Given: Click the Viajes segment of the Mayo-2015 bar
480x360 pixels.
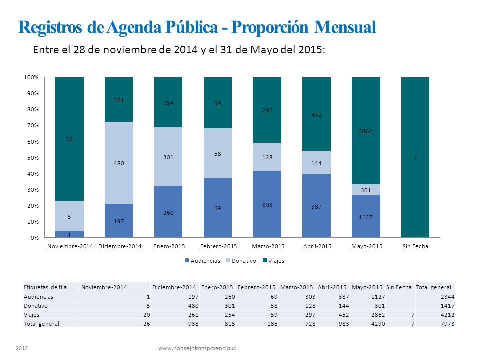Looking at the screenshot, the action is (x=366, y=131).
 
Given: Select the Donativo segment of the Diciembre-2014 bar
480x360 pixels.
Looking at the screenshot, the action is (x=119, y=163).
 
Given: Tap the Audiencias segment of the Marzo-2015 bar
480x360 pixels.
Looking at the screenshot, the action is (x=267, y=204).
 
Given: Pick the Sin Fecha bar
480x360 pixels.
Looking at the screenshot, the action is (x=415, y=157).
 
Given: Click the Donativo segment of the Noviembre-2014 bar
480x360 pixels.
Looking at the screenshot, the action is (x=69, y=216).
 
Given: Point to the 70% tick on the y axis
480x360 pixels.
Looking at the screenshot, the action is (x=33, y=125).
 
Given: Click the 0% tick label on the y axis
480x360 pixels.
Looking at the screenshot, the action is (x=35, y=238).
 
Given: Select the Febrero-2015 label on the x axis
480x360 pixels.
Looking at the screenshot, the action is (x=218, y=246).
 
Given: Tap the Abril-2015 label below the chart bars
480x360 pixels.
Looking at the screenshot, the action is (x=316, y=246).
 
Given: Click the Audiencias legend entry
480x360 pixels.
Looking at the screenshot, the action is (x=202, y=261).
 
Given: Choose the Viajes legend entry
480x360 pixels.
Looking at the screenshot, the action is (x=273, y=261).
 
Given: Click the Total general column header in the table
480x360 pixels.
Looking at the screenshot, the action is (x=433, y=287).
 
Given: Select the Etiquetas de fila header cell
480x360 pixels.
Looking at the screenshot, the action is (x=45, y=287).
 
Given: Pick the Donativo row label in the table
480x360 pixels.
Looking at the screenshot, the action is (x=36, y=306).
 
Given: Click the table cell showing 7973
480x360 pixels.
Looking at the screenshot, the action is (x=448, y=324).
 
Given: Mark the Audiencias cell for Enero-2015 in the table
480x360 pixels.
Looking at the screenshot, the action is (x=230, y=297).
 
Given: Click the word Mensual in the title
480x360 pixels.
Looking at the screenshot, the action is (x=345, y=27).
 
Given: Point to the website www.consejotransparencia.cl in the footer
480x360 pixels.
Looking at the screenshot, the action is (x=197, y=348).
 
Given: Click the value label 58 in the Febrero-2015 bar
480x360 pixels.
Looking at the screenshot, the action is (x=217, y=154).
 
